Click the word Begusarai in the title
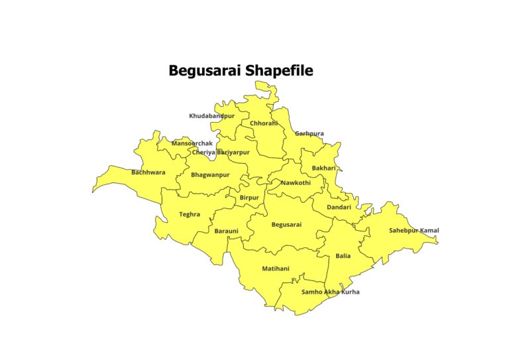click(205, 70)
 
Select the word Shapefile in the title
click(279, 70)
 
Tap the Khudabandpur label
click(211, 116)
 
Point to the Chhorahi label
click(264, 123)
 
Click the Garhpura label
click(310, 133)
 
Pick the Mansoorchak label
click(192, 143)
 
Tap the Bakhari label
click(324, 168)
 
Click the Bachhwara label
click(148, 172)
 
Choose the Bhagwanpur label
click(210, 175)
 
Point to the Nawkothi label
click(296, 182)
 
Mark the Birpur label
click(249, 198)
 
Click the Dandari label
click(339, 208)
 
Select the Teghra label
click(190, 214)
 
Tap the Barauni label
click(226, 231)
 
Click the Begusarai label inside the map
click(286, 224)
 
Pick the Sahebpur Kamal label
click(414, 231)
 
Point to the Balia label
click(343, 255)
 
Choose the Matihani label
click(276, 269)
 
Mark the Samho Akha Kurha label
click(330, 292)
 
